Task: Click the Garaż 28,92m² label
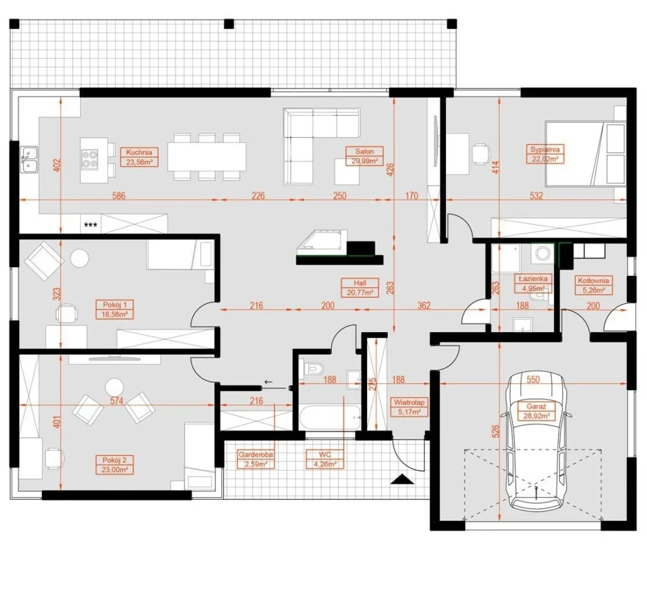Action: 536,411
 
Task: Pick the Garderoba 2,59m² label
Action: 256,459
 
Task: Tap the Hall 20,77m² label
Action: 360,287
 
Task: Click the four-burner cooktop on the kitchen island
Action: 90,159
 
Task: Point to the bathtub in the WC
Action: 330,417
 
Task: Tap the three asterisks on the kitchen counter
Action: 90,225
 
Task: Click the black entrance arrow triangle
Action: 402,479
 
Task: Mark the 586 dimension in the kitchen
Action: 119,195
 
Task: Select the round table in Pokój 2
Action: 114,388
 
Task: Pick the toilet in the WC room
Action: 313,368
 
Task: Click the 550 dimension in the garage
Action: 533,379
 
